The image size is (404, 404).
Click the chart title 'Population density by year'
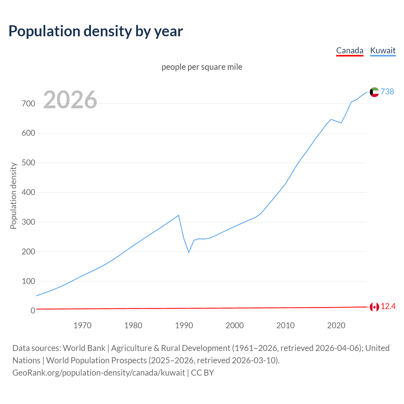point(96,31)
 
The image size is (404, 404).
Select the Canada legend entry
point(350,50)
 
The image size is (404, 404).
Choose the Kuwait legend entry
point(383,50)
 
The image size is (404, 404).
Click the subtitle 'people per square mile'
point(202,67)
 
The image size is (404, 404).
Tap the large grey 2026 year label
point(70,100)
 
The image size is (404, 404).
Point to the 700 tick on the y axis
point(28,104)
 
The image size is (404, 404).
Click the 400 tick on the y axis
point(28,192)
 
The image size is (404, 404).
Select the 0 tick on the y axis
point(33,311)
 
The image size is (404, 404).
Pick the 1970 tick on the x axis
point(82,325)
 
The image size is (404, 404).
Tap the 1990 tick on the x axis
point(184,325)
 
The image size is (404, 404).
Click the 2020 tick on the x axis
point(336,325)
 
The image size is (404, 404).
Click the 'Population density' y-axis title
point(13,196)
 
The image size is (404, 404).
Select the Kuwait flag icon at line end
point(374,92)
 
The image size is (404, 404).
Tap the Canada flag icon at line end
point(374,307)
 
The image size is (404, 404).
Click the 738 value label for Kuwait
point(387,92)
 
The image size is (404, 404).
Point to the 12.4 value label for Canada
point(388,306)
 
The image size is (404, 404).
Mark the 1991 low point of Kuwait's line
point(189,252)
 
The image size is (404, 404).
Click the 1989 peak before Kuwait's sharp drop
point(179,215)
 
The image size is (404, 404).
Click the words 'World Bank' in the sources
point(84,348)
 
